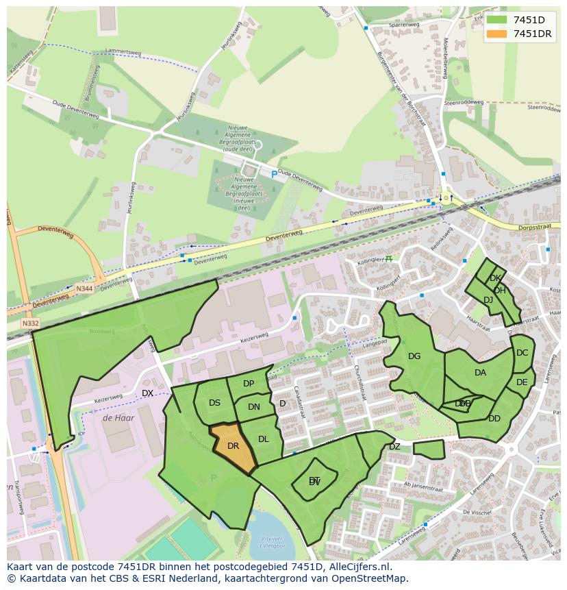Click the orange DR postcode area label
(x=233, y=445)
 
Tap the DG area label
(x=414, y=356)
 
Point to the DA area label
(x=480, y=373)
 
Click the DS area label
(x=214, y=403)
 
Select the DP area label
(x=249, y=384)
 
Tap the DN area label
(x=254, y=407)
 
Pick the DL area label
(x=264, y=439)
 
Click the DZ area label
(x=394, y=447)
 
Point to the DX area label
(x=147, y=393)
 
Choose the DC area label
(x=522, y=353)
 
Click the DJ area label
(x=488, y=300)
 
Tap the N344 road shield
(x=84, y=289)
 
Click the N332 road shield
(x=31, y=323)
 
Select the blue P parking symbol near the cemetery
(x=275, y=175)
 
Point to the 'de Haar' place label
(x=118, y=417)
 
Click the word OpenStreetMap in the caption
(x=369, y=578)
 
